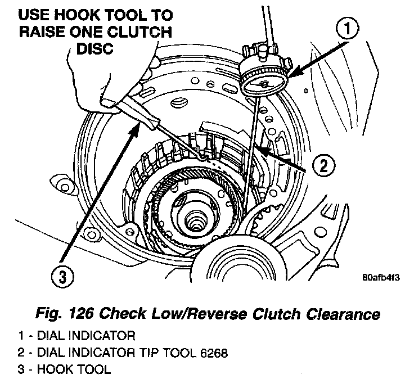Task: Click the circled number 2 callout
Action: click(326, 165)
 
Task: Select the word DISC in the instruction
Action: click(94, 49)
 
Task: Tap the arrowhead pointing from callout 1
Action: click(292, 73)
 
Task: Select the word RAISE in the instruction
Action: click(45, 31)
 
